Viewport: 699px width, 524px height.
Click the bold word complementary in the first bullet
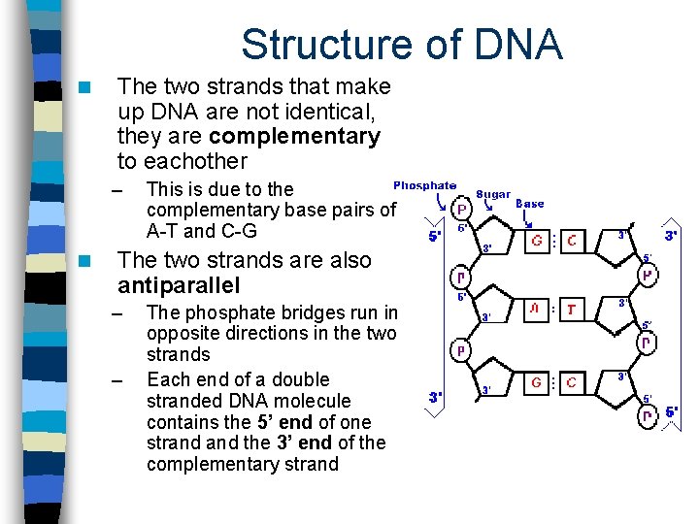pyautogui.click(x=295, y=136)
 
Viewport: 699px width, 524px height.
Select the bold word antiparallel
pyautogui.click(x=178, y=285)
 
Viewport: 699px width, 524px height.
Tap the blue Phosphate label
pyautogui.click(x=424, y=185)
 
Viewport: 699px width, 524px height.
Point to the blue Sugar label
pyautogui.click(x=493, y=194)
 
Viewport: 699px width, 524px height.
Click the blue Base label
pyautogui.click(x=529, y=204)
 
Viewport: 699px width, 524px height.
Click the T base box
pyautogui.click(x=571, y=310)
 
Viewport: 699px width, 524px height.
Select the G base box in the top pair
pyautogui.click(x=536, y=241)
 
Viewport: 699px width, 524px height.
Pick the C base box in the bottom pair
pyautogui.click(x=571, y=382)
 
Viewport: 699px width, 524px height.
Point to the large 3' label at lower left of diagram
pyautogui.click(x=437, y=397)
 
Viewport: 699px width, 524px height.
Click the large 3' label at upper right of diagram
pyautogui.click(x=671, y=235)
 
